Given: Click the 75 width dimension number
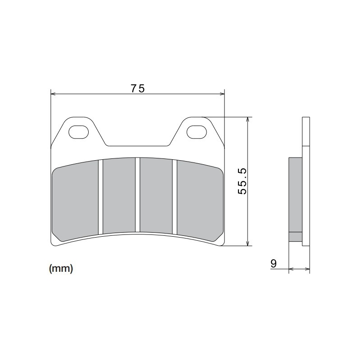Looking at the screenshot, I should coord(138,89).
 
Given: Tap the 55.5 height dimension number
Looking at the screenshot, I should coord(243,181).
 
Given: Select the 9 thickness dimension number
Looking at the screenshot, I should coord(274,263).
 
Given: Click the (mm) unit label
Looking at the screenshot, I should coord(60,269).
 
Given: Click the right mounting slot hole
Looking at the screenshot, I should coord(197,132).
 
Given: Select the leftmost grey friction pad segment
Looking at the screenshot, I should coord(76,201).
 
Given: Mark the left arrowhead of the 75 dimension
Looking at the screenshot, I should coord(53,94).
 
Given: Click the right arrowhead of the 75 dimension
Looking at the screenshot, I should coord(222,94).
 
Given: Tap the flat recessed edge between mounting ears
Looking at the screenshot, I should coord(138,146).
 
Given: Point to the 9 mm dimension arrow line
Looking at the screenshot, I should coord(299,269).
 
